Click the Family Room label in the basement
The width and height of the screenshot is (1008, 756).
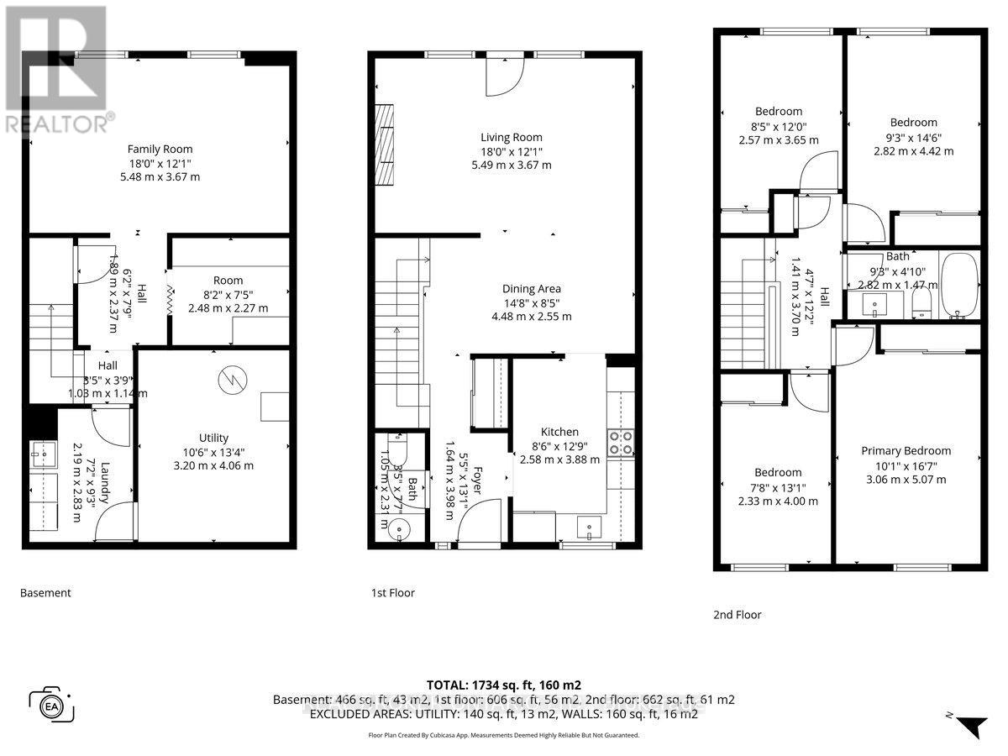click(160, 149)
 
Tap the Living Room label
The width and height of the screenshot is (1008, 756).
click(511, 137)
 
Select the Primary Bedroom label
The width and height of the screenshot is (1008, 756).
click(906, 450)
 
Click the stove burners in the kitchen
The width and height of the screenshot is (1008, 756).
click(620, 442)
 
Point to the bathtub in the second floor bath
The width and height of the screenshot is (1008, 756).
click(958, 285)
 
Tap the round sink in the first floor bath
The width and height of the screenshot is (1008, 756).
click(397, 528)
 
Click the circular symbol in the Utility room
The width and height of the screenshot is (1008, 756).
click(229, 380)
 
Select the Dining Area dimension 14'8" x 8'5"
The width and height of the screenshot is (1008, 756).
click(533, 302)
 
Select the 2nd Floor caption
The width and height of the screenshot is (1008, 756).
click(736, 615)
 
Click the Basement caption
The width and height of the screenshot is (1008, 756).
click(45, 593)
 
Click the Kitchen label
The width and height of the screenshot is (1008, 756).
click(559, 432)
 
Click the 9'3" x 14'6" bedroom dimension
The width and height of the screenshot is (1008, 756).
click(914, 137)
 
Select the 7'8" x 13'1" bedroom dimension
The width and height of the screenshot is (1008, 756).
click(778, 486)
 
